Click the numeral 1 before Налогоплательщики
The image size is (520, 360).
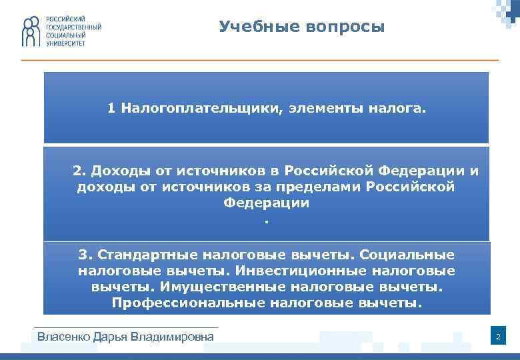point(112,108)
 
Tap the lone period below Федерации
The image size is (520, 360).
point(266,221)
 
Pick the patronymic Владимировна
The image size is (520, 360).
point(177,337)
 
